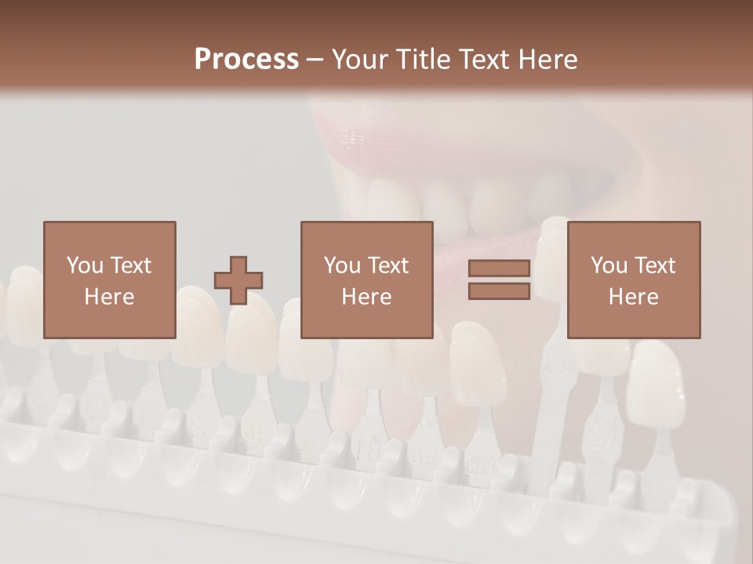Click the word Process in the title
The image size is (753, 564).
coord(246,60)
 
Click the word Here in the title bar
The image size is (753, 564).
coord(547,60)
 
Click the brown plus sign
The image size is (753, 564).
coord(238,280)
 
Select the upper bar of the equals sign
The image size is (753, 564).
coord(499,269)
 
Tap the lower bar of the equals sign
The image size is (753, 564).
coord(499,291)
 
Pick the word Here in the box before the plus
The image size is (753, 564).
coord(109,297)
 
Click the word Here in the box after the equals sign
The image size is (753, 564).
coord(633,297)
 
